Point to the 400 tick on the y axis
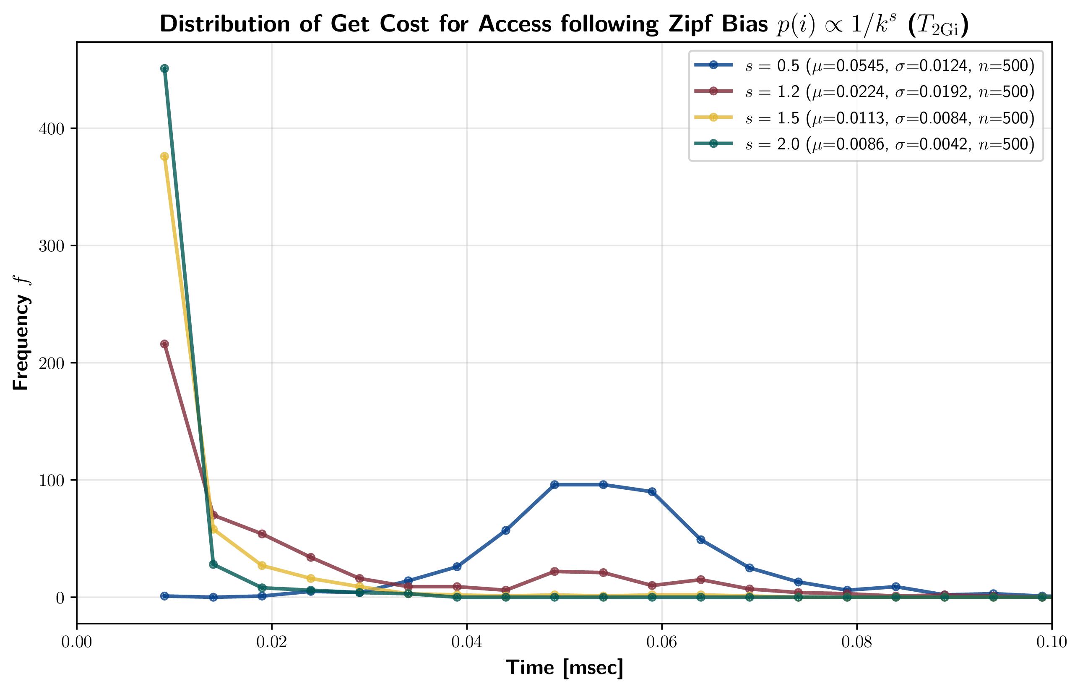(51, 129)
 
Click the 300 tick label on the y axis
(51, 246)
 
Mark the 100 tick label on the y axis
(51, 480)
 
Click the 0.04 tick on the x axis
(466, 642)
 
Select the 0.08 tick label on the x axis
(856, 642)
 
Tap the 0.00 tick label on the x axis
(77, 642)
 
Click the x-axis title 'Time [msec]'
(564, 668)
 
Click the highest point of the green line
(165, 69)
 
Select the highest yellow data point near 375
(165, 157)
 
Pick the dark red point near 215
(165, 344)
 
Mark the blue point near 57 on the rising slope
(506, 530)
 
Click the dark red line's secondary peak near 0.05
(554, 572)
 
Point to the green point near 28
(213, 564)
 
